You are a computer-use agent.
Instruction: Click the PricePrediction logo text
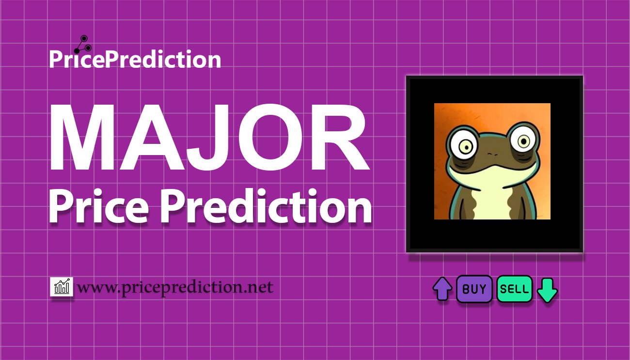click(135, 59)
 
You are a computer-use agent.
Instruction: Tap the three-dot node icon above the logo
click(83, 45)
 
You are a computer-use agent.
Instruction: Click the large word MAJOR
click(209, 138)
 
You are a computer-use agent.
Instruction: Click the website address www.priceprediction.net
click(175, 287)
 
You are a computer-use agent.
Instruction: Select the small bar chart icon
click(62, 286)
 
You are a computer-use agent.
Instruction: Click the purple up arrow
click(442, 289)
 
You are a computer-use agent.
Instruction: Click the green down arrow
click(547, 290)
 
